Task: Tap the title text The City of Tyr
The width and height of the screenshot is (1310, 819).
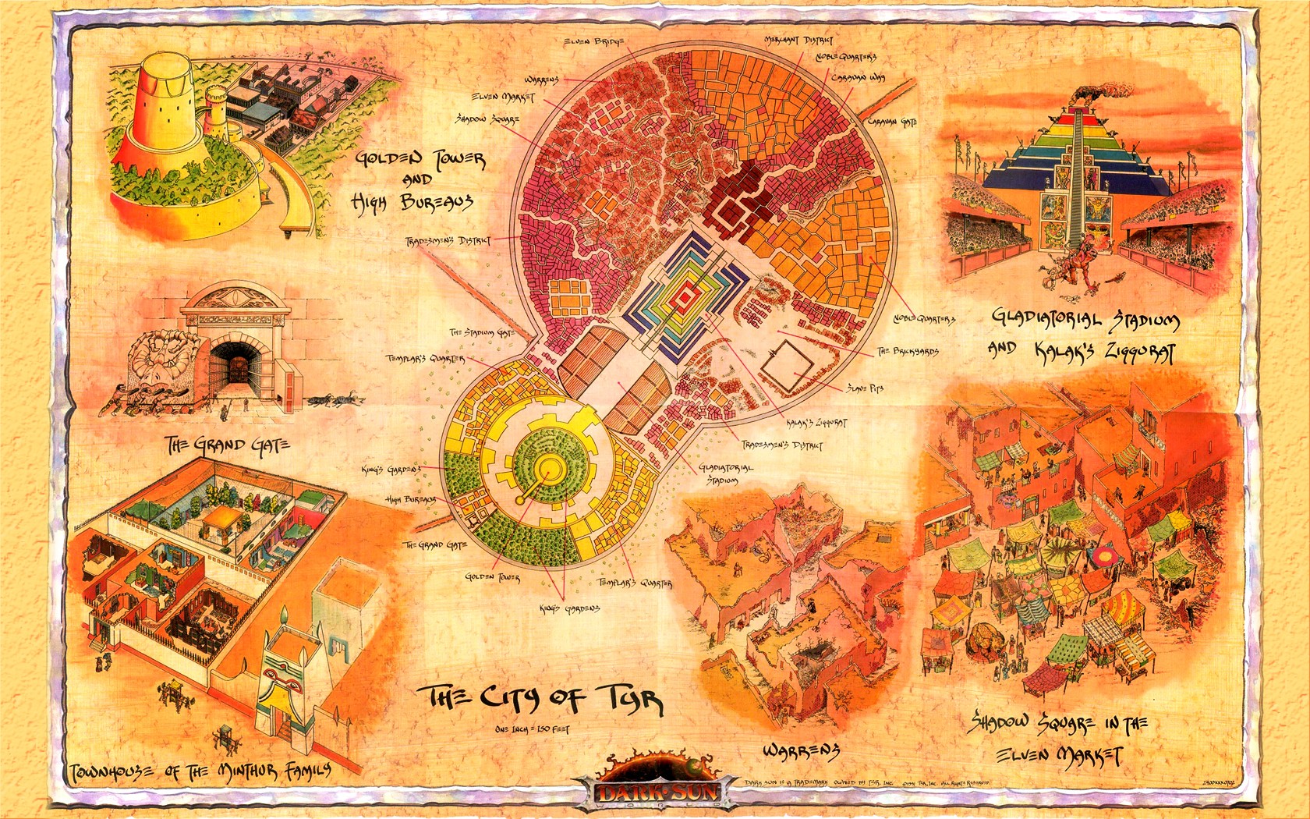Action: click(x=541, y=698)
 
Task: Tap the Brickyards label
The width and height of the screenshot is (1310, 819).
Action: click(x=908, y=351)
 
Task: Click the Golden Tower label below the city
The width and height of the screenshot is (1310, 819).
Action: click(x=491, y=578)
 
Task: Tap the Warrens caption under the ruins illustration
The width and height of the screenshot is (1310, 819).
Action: click(x=800, y=750)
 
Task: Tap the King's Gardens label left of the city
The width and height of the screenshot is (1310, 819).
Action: click(x=391, y=469)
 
